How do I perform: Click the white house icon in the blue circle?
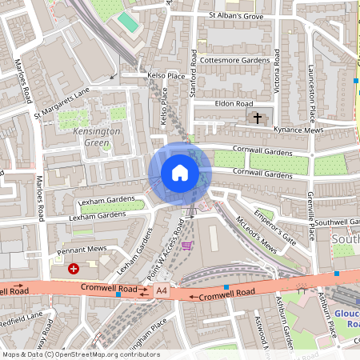180,173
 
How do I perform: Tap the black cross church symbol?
258,118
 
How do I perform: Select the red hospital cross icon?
74,270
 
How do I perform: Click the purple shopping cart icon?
187,245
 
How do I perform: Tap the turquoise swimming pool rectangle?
128,22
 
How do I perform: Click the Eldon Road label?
234,104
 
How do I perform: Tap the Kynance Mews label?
298,128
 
